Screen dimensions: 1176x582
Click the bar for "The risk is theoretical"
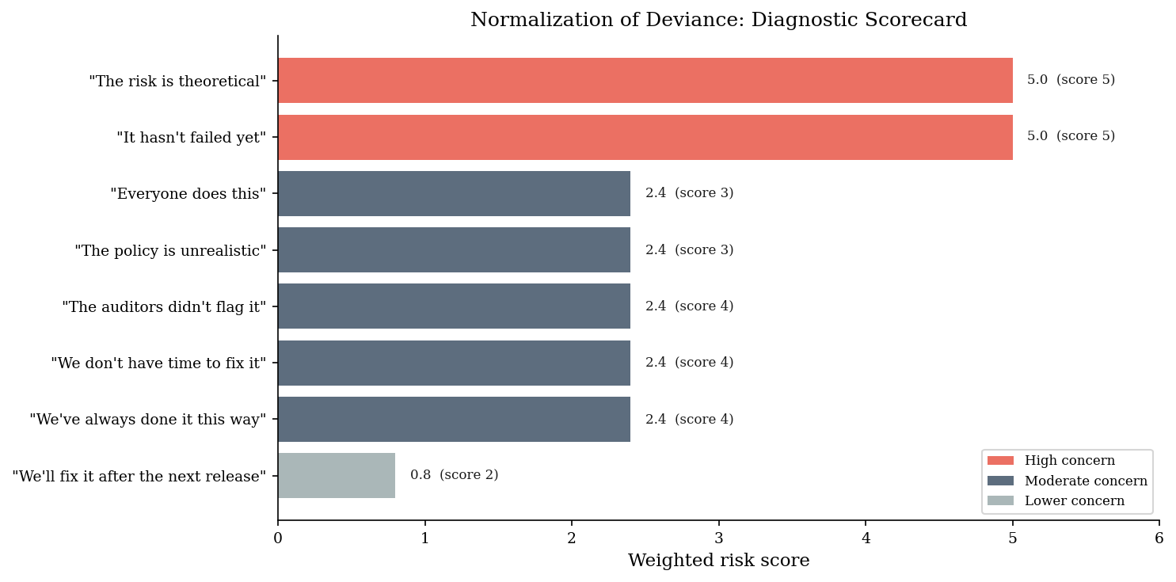coord(645,80)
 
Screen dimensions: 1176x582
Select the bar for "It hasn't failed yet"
coord(645,137)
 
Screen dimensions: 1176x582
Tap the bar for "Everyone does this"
coord(454,194)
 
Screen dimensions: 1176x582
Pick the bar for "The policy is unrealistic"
coord(454,249)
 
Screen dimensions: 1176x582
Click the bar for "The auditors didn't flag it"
coord(454,306)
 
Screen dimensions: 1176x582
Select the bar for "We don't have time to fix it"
coord(454,363)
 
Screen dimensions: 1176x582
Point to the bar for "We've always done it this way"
coord(454,420)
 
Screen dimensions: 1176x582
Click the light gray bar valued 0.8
coord(337,475)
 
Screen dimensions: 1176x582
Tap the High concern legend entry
coord(1051,460)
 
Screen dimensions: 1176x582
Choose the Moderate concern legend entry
coord(1068,481)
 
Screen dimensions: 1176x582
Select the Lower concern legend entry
coord(1056,500)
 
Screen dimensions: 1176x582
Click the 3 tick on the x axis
coord(719,538)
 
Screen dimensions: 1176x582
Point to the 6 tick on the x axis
coord(1159,538)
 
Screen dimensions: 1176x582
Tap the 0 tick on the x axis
coord(278,538)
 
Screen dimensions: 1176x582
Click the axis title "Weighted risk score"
coord(719,561)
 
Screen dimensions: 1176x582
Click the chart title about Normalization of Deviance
coord(719,20)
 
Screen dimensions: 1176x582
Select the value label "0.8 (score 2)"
coord(454,475)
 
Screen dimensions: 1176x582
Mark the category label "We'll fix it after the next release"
coord(139,477)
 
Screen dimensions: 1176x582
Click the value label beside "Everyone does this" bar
coord(689,193)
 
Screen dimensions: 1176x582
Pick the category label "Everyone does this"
coord(188,194)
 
